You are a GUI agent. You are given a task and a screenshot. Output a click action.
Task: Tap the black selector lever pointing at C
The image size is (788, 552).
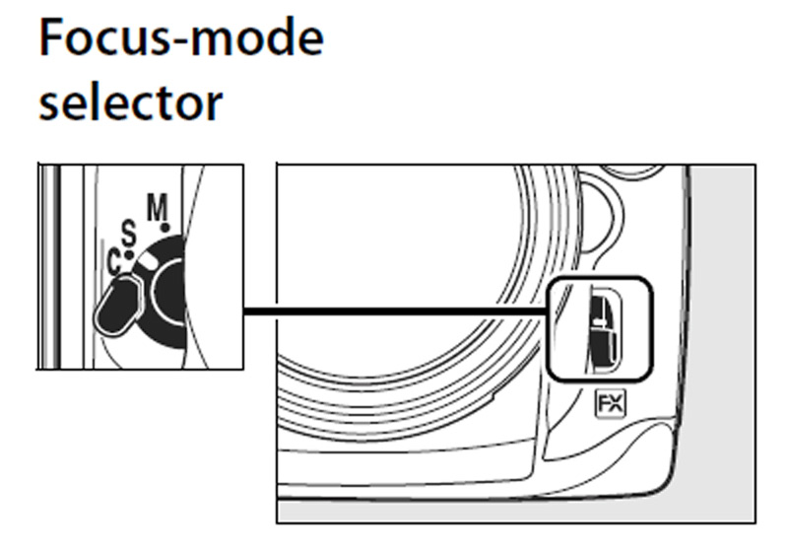click(118, 305)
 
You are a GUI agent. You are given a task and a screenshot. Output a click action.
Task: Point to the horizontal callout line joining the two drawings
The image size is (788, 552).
click(394, 312)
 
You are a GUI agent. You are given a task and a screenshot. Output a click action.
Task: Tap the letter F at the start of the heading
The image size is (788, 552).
click(52, 39)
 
